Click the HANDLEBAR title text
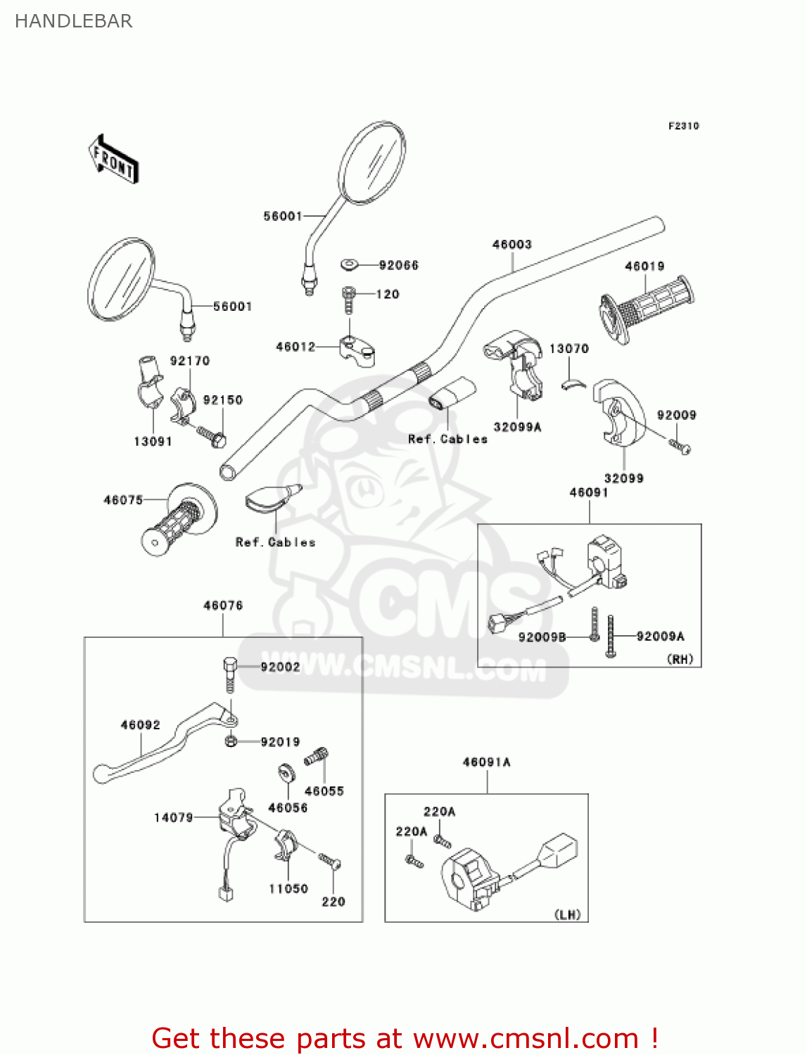[74, 21]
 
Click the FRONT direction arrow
[113, 160]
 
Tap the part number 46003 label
[511, 244]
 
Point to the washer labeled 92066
[349, 264]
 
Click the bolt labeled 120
[348, 298]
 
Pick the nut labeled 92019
[230, 741]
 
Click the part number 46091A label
[486, 762]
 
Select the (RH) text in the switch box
[680, 659]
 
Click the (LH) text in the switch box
[567, 914]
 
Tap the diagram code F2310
[683, 126]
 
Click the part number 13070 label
[568, 348]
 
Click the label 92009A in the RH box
[660, 636]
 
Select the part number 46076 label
[223, 605]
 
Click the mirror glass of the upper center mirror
[372, 162]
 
